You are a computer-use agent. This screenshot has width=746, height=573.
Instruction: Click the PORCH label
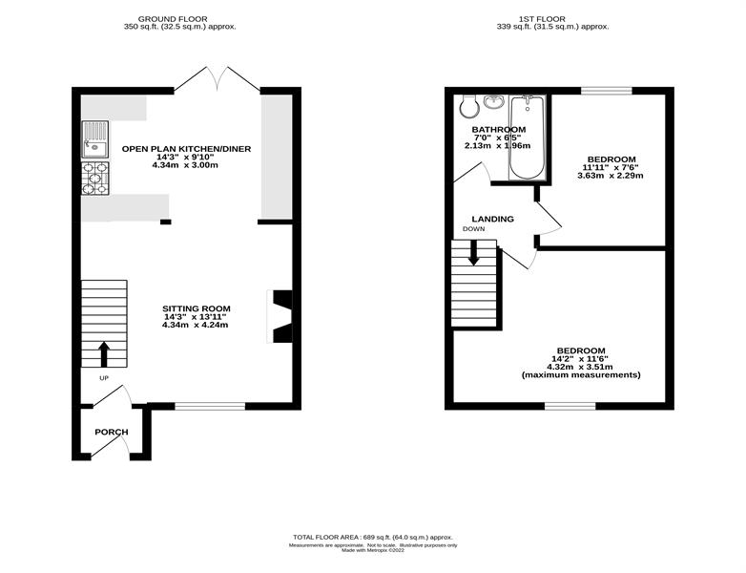tap(112, 432)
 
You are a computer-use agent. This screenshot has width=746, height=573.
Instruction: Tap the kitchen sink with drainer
tap(95, 139)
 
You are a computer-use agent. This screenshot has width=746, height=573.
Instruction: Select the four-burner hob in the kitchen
tap(95, 179)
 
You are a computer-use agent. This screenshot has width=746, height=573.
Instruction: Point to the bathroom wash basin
tap(495, 101)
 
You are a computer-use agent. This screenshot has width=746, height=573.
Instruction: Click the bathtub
tap(528, 138)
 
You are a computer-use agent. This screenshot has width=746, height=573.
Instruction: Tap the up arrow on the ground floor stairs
tap(104, 354)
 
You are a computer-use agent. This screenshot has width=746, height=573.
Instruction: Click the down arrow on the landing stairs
tap(473, 252)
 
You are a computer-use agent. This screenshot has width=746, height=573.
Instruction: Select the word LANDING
tap(493, 219)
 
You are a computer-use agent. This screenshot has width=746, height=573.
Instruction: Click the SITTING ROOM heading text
tap(196, 308)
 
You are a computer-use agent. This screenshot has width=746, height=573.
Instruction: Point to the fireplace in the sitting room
tap(280, 316)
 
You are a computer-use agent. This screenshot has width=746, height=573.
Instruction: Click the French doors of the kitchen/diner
tap(218, 78)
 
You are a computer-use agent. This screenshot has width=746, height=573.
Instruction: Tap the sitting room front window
tap(210, 406)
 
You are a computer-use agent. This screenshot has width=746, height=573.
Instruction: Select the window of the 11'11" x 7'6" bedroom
tap(607, 91)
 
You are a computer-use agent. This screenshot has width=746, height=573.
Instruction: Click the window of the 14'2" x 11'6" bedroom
tap(570, 406)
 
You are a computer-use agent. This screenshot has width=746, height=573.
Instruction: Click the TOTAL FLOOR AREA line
tap(373, 537)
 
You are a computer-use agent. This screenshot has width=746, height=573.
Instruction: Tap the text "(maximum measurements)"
tap(581, 375)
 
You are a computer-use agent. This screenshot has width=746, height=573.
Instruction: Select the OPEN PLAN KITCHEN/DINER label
tap(187, 149)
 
